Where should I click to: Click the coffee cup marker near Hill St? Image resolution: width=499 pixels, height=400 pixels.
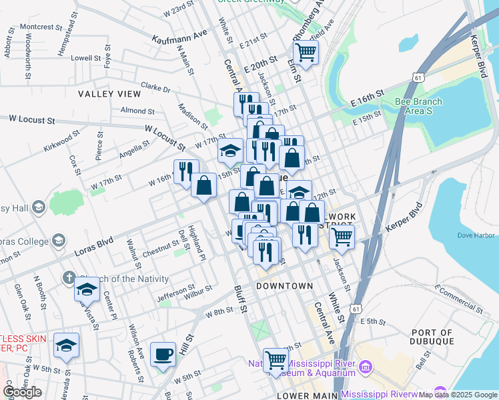(x=163, y=355)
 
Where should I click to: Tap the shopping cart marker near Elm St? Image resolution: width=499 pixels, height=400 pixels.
(x=306, y=52)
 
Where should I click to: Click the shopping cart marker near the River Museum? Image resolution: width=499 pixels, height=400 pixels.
(x=275, y=361)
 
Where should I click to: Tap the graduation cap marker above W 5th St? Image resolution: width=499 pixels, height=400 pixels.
(x=66, y=345)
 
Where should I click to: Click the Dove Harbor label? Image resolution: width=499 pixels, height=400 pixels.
(x=476, y=235)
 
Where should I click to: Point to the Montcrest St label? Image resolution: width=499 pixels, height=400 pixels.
(x=41, y=27)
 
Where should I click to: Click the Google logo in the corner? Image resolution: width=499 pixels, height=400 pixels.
(x=23, y=392)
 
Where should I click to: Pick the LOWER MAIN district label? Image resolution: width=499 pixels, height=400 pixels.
(x=306, y=395)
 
